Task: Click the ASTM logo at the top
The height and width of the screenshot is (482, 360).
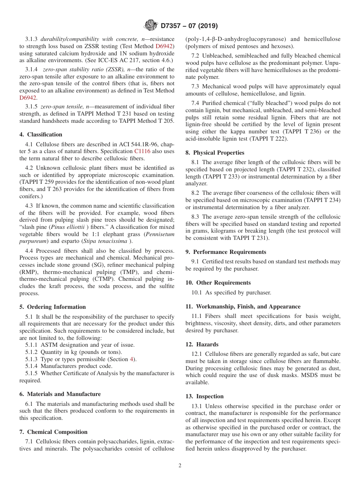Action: (150, 26)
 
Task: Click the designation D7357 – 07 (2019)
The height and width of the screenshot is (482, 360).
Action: (189, 26)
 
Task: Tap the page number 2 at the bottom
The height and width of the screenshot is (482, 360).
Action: (180, 466)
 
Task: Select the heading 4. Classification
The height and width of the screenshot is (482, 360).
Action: (41, 135)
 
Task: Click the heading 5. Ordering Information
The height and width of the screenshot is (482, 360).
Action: (53, 307)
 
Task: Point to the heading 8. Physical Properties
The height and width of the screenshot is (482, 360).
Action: (215, 153)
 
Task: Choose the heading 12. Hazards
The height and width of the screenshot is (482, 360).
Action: (202, 344)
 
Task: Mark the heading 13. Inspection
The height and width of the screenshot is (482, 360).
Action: (205, 396)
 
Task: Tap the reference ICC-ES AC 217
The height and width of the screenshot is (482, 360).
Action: (114, 61)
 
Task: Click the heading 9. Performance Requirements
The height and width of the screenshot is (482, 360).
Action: (226, 252)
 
